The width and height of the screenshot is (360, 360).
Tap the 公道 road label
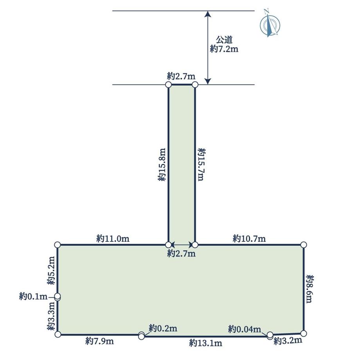(x=225, y=40)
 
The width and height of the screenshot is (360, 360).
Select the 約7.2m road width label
(x=224, y=49)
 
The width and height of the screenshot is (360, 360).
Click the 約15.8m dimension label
(x=162, y=165)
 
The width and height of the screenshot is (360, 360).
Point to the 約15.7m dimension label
(x=202, y=164)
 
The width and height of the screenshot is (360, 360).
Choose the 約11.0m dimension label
(x=113, y=239)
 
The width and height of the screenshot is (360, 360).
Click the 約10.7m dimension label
(x=249, y=239)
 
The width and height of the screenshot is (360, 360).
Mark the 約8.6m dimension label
(x=310, y=289)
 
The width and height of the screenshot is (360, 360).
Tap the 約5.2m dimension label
(x=51, y=271)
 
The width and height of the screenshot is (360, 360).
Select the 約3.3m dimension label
(x=51, y=316)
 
